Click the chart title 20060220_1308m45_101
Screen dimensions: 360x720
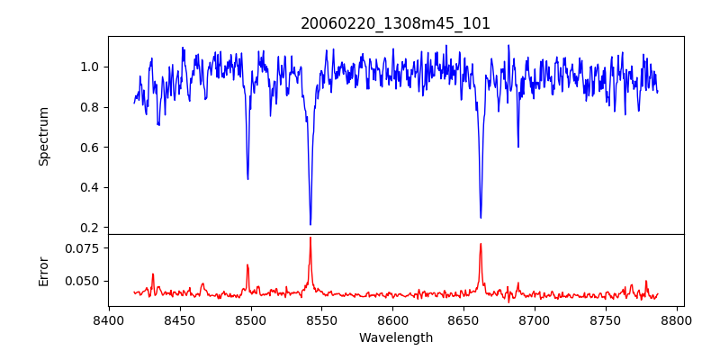point(395,23)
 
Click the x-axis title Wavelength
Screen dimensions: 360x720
point(395,337)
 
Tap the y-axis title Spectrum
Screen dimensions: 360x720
point(43,136)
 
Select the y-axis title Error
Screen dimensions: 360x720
point(43,270)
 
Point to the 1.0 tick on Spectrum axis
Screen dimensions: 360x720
point(91,67)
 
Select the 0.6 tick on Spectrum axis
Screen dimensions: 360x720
point(91,148)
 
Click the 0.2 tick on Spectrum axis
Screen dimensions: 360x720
point(91,228)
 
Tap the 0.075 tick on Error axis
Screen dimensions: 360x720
point(84,247)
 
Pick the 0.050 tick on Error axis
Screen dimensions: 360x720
point(84,281)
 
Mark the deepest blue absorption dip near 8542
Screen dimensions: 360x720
point(310,224)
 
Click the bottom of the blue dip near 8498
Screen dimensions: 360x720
point(247,178)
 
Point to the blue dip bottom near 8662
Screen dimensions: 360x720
point(481,217)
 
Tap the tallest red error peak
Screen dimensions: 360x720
point(310,238)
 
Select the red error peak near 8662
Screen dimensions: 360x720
point(481,244)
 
